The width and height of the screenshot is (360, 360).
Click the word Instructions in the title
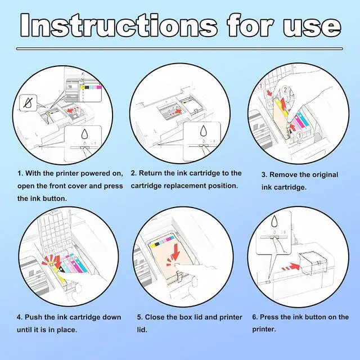point(119,25)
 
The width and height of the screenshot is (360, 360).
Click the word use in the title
point(312,28)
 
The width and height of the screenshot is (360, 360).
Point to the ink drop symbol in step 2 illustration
point(204,132)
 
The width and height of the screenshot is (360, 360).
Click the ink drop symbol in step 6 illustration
point(274,221)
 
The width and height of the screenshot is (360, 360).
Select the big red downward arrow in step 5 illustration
point(176,252)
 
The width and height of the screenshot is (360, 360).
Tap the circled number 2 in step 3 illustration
point(285,89)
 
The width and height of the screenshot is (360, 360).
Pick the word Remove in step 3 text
point(282,175)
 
